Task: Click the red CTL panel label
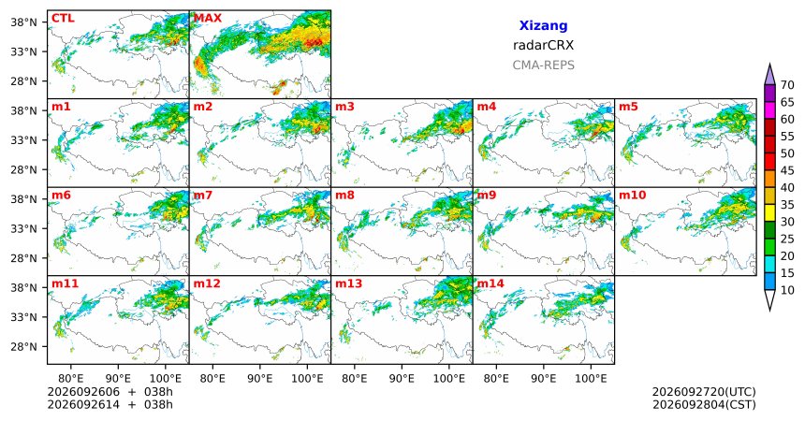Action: click(x=63, y=19)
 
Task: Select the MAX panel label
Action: click(x=208, y=19)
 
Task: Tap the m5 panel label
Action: click(x=628, y=107)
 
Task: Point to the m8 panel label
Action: click(x=345, y=196)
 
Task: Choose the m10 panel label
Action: click(x=633, y=196)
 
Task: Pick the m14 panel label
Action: click(x=490, y=283)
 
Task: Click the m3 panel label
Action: click(x=345, y=107)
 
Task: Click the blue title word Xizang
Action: click(x=543, y=25)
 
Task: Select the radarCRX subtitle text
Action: click(x=543, y=45)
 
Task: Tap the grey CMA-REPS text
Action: click(x=543, y=65)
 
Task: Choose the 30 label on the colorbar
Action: click(x=787, y=222)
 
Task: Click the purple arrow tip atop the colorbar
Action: click(x=769, y=64)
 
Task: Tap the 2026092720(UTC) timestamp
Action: click(x=704, y=392)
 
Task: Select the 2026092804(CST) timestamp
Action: click(x=704, y=404)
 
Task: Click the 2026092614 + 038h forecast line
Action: click(x=110, y=404)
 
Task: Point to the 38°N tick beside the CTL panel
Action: click(x=24, y=22)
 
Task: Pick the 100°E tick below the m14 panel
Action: click(x=591, y=379)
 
